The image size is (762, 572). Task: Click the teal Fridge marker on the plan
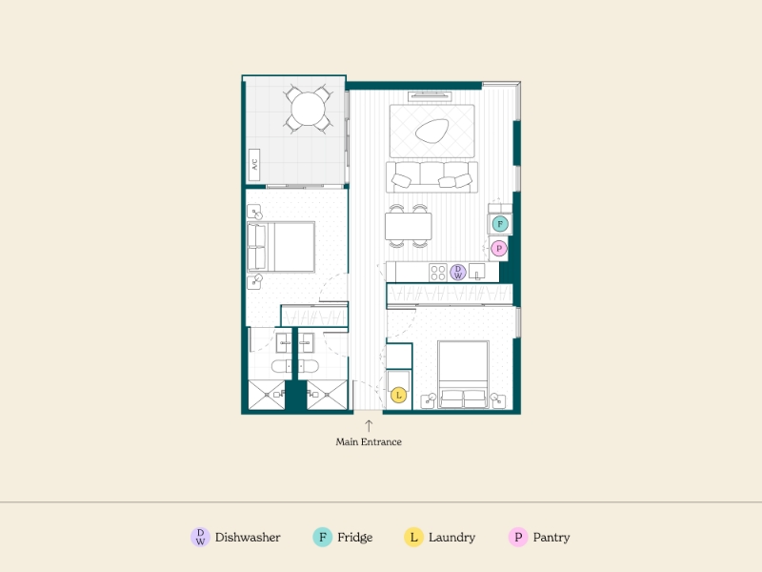pyautogui.click(x=500, y=224)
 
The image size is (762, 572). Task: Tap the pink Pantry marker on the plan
pyautogui.click(x=498, y=249)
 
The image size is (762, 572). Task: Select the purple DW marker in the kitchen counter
pyautogui.click(x=458, y=273)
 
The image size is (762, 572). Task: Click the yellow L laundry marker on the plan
pyautogui.click(x=398, y=395)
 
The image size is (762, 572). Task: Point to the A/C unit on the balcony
pyautogui.click(x=254, y=165)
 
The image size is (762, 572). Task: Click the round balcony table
pyautogui.click(x=308, y=109)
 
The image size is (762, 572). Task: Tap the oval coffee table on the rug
pyautogui.click(x=431, y=131)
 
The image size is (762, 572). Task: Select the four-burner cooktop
pyautogui.click(x=438, y=273)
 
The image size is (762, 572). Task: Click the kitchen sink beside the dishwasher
pyautogui.click(x=477, y=272)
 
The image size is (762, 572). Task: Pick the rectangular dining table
pyautogui.click(x=409, y=226)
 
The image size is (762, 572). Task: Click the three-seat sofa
pyautogui.click(x=432, y=177)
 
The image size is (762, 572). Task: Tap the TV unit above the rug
pyautogui.click(x=431, y=96)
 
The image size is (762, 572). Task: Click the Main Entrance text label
pyautogui.click(x=369, y=442)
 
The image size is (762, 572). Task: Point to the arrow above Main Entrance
pyautogui.click(x=369, y=425)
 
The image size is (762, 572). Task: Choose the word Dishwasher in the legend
pyautogui.click(x=248, y=538)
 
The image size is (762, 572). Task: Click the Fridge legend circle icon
pyautogui.click(x=322, y=538)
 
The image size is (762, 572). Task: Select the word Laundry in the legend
pyautogui.click(x=451, y=538)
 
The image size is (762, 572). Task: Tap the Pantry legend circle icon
pyautogui.click(x=518, y=538)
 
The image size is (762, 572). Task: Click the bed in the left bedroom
pyautogui.click(x=281, y=247)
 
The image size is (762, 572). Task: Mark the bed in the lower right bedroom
pyautogui.click(x=463, y=375)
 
